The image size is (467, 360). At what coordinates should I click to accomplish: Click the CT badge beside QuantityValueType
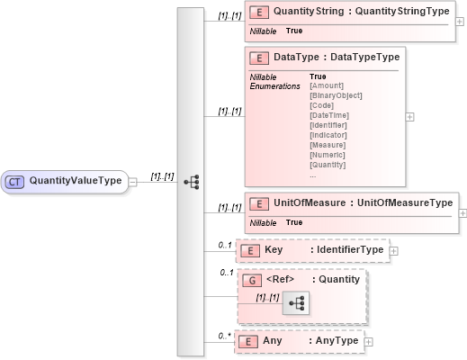pyautogui.click(x=14, y=181)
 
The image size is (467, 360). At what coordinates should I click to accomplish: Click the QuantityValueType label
pyautogui.click(x=76, y=181)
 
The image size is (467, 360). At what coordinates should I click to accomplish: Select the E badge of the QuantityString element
pyautogui.click(x=260, y=13)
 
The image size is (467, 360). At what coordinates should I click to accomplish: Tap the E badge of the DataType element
pyautogui.click(x=260, y=57)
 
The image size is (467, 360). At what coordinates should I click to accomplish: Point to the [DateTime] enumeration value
pyautogui.click(x=328, y=115)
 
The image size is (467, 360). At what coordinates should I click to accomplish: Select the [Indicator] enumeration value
pyautogui.click(x=328, y=135)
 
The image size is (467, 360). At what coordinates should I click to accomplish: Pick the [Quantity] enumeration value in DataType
pyautogui.click(x=328, y=165)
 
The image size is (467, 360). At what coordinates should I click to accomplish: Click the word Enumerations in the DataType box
pyautogui.click(x=275, y=85)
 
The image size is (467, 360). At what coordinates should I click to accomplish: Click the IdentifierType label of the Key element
pyautogui.click(x=347, y=249)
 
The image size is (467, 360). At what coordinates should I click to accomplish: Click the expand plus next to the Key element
pyautogui.click(x=393, y=250)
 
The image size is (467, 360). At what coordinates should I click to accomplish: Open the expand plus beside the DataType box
pyautogui.click(x=410, y=116)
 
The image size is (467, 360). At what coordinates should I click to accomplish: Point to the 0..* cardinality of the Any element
pyautogui.click(x=224, y=336)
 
